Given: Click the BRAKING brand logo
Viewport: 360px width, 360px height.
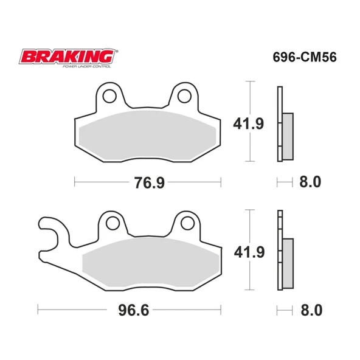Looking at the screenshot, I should tap(67, 57).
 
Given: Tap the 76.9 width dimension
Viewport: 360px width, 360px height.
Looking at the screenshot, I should tap(148, 181).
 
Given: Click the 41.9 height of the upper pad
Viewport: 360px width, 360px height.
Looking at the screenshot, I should tap(248, 125).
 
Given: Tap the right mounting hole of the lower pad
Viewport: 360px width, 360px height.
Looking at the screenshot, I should tap(184, 223).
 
